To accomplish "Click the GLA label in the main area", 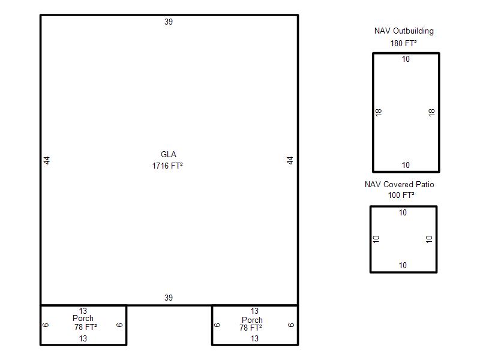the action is [169, 154].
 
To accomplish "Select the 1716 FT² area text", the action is [167, 166].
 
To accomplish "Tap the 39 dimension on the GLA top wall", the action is [169, 22].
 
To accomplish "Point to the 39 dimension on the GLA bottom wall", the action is [169, 298].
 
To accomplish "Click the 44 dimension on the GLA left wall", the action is [47, 160].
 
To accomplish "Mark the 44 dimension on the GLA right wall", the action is [290, 160].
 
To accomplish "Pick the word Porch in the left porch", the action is [83, 319].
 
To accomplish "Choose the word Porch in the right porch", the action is [252, 320].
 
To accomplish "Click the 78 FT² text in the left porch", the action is [85, 327].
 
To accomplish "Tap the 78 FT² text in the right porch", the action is [251, 328].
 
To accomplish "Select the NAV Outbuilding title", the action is [404, 31].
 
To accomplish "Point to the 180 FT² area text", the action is [403, 43].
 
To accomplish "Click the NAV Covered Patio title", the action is [399, 184].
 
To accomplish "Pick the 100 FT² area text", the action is [401, 195].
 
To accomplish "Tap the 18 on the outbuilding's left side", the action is [379, 112].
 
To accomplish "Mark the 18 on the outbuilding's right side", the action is [431, 112].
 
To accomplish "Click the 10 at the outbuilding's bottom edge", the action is [406, 166].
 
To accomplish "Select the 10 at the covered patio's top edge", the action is [403, 212].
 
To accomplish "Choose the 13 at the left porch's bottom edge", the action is [83, 338].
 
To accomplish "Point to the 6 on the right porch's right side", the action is [291, 325].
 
